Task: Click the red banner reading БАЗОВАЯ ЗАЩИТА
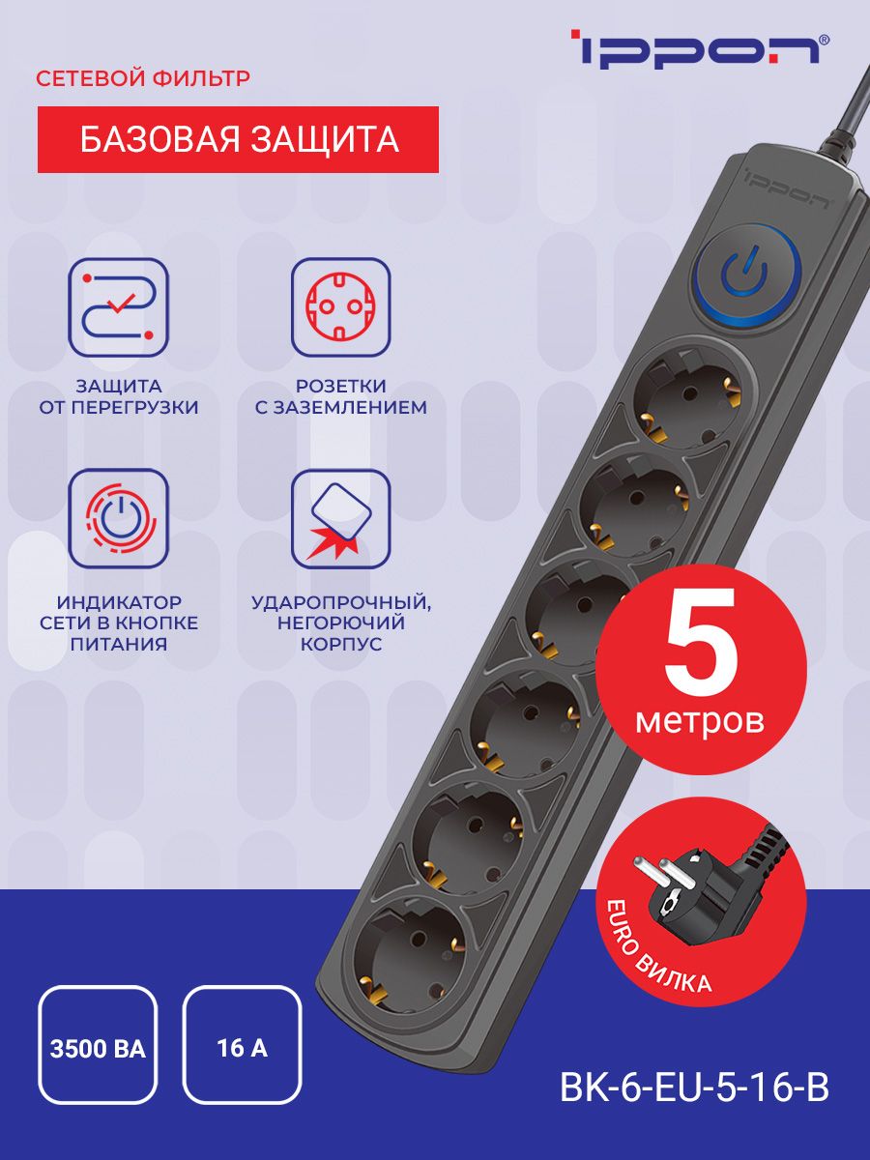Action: [238, 139]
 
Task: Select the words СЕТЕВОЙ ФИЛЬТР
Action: [143, 78]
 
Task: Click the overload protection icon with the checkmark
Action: [118, 306]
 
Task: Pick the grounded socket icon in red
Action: [340, 306]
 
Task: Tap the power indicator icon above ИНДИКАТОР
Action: [118, 517]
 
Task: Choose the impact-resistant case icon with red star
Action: [340, 517]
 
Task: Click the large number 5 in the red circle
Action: [701, 651]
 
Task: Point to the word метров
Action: [700, 720]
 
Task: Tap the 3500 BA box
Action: [97, 1045]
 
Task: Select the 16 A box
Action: [242, 1045]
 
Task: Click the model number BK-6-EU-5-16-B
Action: [694, 1087]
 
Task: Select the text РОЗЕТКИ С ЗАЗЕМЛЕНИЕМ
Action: [340, 396]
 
